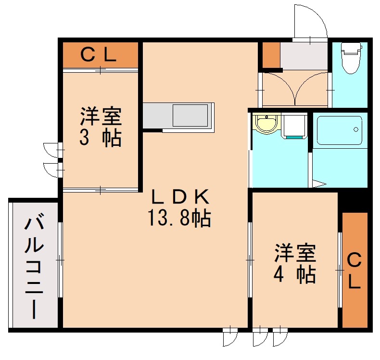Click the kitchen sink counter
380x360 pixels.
pyautogui.click(x=178, y=116)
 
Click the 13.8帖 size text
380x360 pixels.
pyautogui.click(x=179, y=219)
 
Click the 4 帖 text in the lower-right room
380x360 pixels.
pyautogui.click(x=294, y=275)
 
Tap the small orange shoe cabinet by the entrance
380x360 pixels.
pyautogui.click(x=270, y=55)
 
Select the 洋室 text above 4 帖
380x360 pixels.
pyautogui.click(x=294, y=253)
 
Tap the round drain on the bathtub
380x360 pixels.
pyautogui.click(x=355, y=129)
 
